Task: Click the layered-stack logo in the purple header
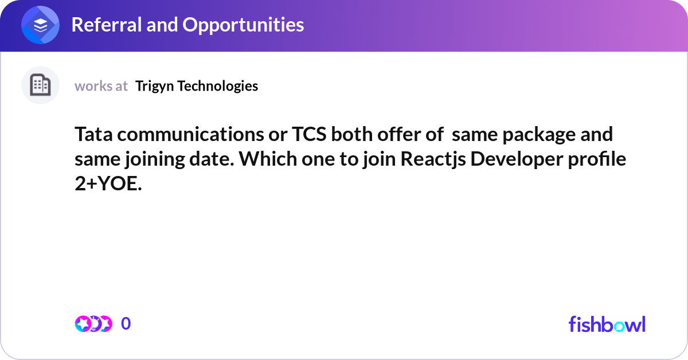(x=41, y=25)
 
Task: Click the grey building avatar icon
(x=40, y=85)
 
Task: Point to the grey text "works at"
(x=101, y=86)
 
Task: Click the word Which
(x=268, y=159)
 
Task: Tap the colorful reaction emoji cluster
(x=93, y=324)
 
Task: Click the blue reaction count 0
(x=126, y=324)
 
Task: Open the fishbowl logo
(x=607, y=324)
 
